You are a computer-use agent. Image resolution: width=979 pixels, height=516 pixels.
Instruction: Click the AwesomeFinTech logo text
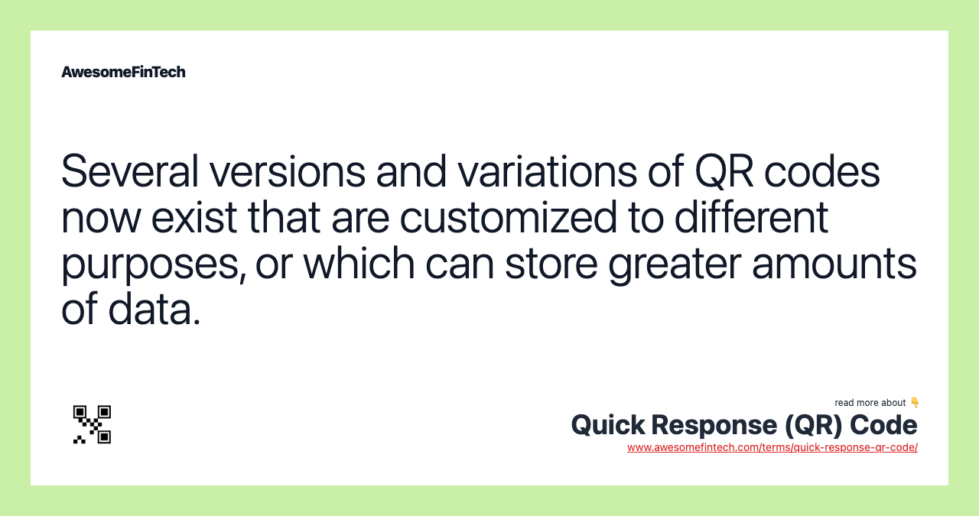coord(123,72)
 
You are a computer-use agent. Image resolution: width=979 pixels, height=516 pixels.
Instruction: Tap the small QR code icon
coord(92,424)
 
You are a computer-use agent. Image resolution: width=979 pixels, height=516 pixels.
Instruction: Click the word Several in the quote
coord(130,171)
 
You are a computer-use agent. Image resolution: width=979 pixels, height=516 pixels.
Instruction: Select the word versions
coord(288,171)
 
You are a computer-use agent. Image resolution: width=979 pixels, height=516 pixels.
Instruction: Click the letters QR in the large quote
coord(724,171)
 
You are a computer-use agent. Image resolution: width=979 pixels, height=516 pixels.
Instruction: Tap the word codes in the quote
coord(822,171)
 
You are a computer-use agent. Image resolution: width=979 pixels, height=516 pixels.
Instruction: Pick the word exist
coord(194,218)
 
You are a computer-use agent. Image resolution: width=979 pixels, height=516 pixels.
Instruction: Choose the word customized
coord(509,218)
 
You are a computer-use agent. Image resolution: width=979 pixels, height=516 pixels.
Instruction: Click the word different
coord(751,218)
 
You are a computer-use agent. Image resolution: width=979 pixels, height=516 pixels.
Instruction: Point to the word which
coord(359,264)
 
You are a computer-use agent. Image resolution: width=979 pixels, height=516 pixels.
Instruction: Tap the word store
coord(551,264)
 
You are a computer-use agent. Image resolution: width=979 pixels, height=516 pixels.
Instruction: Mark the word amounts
coord(834,264)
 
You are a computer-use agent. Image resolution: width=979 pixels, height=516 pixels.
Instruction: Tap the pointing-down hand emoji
coord(914,402)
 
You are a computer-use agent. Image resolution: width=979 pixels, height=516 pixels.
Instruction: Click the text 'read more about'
coord(870,403)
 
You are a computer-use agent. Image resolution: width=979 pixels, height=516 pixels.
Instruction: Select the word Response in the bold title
coord(714,426)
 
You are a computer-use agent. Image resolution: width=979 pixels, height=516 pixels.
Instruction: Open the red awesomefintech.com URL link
coord(772,447)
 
